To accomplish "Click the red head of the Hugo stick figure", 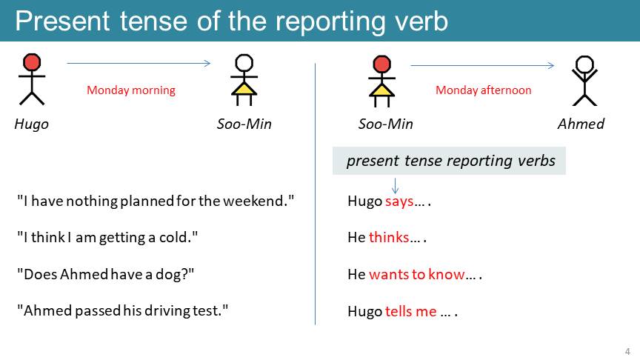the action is pyautogui.click(x=32, y=62).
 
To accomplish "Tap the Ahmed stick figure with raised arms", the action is pyautogui.click(x=584, y=81).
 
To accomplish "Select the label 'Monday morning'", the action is pyautogui.click(x=131, y=90).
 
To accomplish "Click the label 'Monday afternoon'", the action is pyautogui.click(x=483, y=90).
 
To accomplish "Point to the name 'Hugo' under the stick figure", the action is pyautogui.click(x=31, y=124).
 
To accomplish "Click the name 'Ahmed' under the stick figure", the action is pyautogui.click(x=581, y=124).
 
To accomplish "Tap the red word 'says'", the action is pyautogui.click(x=399, y=201).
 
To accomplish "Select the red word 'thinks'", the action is pyautogui.click(x=389, y=237).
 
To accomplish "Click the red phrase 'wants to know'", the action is pyautogui.click(x=417, y=274).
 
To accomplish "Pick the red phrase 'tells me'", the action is pyautogui.click(x=410, y=311).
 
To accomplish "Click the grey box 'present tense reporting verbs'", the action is pyautogui.click(x=449, y=161).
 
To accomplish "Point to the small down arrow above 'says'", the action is pyautogui.click(x=395, y=185).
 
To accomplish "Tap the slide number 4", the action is pyautogui.click(x=627, y=351).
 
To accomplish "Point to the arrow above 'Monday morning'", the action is pyautogui.click(x=139, y=63).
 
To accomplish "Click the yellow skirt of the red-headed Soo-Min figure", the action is pyautogui.click(x=381, y=90).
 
